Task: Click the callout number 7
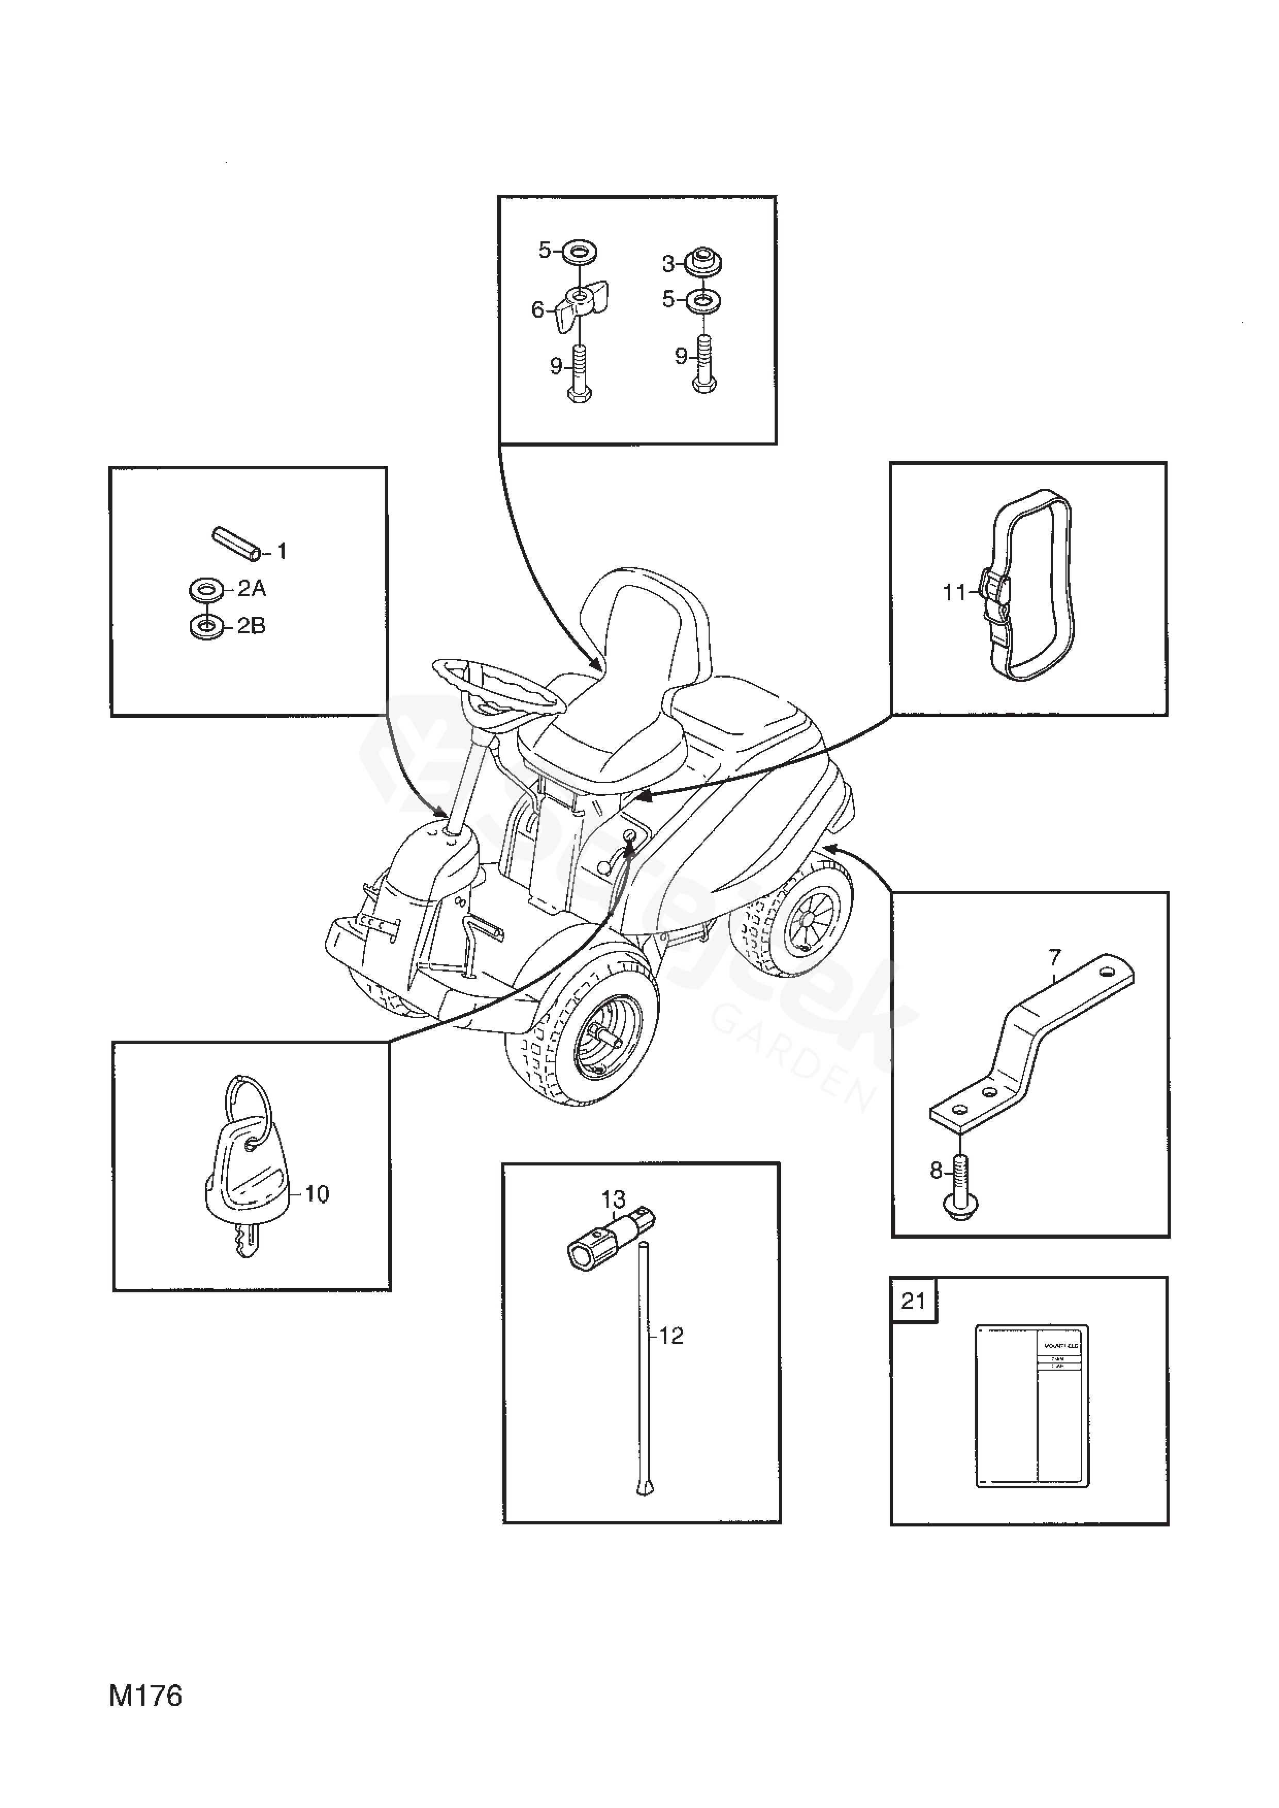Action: (1055, 958)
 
